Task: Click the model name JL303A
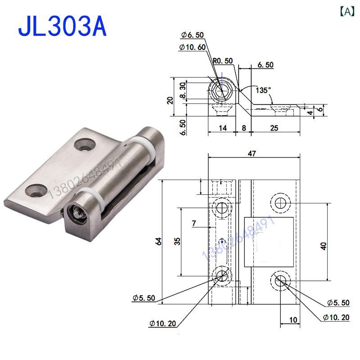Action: (62, 27)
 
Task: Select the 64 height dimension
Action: (158, 241)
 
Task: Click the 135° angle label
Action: (263, 90)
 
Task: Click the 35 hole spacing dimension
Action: (178, 241)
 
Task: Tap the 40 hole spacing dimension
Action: (324, 245)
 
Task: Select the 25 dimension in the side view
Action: (274, 128)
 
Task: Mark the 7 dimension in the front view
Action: (193, 223)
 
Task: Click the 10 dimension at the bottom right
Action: (293, 320)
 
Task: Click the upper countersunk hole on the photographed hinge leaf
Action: (84, 145)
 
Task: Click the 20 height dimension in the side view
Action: (170, 99)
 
